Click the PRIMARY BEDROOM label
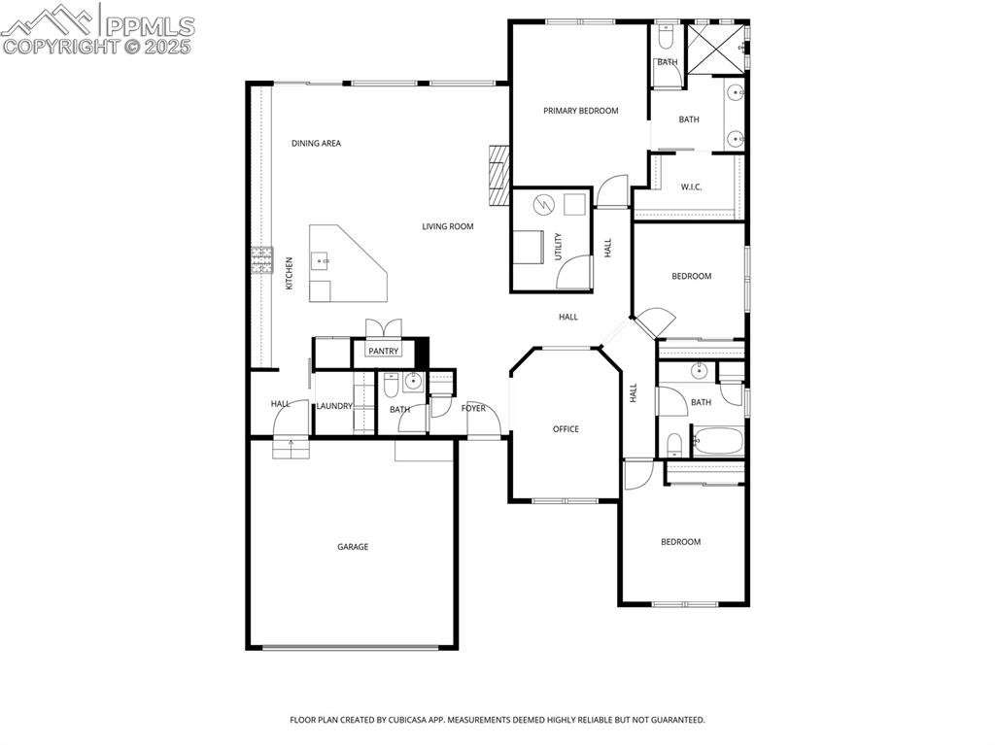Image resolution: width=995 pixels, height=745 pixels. tap(580, 111)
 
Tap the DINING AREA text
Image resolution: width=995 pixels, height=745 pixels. tap(316, 144)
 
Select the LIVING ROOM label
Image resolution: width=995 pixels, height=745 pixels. tap(447, 227)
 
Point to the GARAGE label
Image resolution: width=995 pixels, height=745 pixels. tap(353, 547)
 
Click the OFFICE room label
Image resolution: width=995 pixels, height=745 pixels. tap(566, 429)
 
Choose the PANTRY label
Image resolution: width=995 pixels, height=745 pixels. tap(383, 351)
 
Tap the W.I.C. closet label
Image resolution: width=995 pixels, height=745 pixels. tap(692, 186)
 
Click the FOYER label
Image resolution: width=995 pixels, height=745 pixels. tap(473, 409)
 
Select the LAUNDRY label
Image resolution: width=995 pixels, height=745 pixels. tap(334, 406)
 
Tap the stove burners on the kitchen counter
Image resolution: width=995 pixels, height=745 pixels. tap(261, 260)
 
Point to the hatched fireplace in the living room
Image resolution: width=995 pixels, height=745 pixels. tap(498, 176)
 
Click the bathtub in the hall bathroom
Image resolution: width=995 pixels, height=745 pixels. tap(718, 442)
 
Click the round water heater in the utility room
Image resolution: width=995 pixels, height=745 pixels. tap(544, 205)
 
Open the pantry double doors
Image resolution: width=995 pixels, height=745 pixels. tap(382, 327)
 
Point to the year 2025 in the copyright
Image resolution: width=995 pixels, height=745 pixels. tap(168, 47)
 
